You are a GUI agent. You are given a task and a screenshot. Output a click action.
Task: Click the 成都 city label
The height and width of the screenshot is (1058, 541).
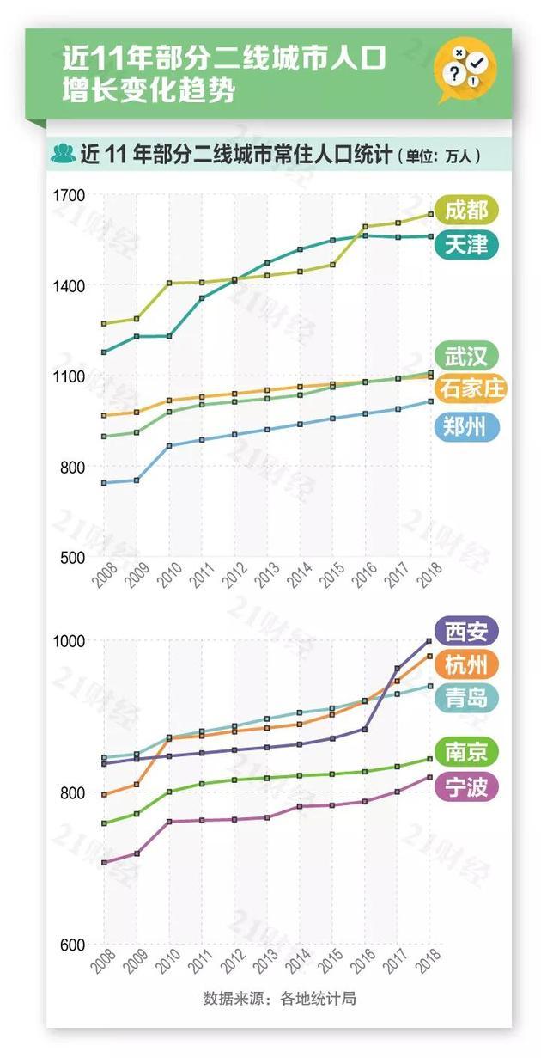click(466, 210)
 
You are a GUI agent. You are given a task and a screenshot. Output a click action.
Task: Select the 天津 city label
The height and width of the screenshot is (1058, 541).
click(466, 245)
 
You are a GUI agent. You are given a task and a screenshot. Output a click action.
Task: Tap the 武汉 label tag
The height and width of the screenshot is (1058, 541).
click(466, 355)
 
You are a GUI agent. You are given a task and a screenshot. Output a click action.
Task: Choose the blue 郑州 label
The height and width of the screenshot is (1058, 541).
click(466, 426)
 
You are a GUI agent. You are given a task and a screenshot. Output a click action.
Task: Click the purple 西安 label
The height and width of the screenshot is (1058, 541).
click(466, 633)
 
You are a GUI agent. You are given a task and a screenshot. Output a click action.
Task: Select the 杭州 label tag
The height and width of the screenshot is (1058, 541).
click(466, 664)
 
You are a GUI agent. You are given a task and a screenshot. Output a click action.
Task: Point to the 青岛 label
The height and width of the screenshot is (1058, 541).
click(466, 697)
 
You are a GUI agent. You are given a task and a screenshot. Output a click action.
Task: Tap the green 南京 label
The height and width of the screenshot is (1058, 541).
click(466, 752)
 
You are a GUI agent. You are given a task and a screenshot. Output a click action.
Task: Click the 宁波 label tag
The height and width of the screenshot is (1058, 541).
click(466, 786)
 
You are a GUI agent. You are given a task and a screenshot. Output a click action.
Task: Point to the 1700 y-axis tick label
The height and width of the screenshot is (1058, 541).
click(69, 195)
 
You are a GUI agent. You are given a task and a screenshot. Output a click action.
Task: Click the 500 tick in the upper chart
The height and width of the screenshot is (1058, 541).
click(72, 558)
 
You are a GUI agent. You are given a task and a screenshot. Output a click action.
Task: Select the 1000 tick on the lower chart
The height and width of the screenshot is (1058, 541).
click(69, 641)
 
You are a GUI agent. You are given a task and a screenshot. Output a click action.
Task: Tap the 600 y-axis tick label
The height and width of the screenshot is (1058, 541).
click(72, 945)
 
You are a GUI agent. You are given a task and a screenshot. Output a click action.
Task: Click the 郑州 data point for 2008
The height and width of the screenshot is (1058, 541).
click(104, 483)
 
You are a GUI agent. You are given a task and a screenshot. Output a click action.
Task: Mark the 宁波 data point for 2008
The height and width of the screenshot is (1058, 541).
click(104, 863)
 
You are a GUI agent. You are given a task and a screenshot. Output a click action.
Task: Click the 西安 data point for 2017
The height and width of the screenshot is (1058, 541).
click(398, 668)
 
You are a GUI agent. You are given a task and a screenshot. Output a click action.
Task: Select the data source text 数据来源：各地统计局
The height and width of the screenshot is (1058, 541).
click(279, 998)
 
